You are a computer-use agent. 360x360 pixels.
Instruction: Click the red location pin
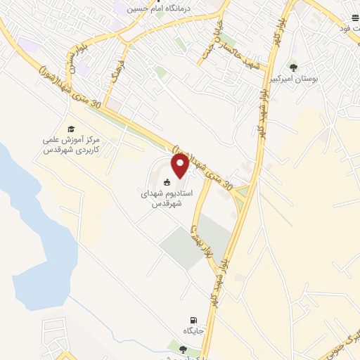(180, 166)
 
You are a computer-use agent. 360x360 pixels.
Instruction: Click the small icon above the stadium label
(167, 184)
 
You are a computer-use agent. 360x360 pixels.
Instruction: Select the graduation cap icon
(70, 129)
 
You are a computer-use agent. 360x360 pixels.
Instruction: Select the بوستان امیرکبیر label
(314, 79)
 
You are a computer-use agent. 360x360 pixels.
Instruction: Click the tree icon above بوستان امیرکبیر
(293, 68)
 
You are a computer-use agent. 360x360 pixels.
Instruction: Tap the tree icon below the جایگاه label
(184, 348)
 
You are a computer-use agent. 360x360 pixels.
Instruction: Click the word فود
(347, 27)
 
